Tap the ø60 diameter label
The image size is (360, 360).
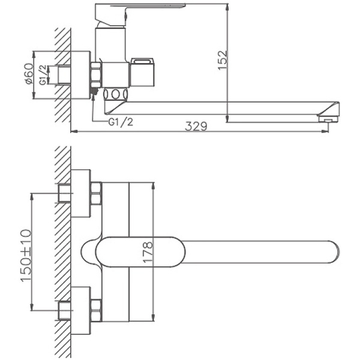(28, 74)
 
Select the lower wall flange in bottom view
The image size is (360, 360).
(80, 310)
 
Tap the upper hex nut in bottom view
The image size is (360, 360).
(95, 193)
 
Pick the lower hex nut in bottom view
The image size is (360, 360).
(95, 310)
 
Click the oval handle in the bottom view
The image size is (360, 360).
(138, 251)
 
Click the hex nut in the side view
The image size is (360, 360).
(95, 74)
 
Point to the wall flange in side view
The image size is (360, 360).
(80, 74)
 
